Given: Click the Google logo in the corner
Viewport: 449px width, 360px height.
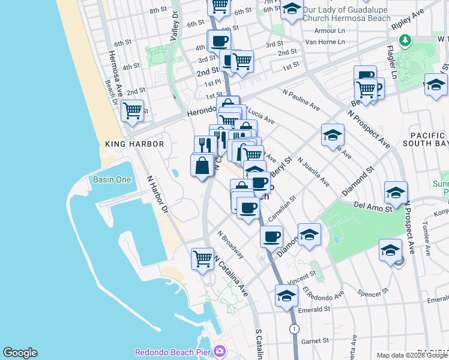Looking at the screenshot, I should [x=20, y=353].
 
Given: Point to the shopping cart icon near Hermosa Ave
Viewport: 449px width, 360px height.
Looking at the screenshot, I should [x=131, y=112].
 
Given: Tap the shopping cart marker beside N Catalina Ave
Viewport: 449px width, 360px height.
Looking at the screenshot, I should [x=203, y=259].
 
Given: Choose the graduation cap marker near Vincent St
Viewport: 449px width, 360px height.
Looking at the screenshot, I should [x=287, y=296].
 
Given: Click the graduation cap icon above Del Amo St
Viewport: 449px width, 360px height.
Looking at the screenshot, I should [x=396, y=193].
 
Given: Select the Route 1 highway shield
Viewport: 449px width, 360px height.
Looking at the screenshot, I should [x=294, y=329].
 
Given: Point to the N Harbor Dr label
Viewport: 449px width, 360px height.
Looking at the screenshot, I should [x=157, y=195].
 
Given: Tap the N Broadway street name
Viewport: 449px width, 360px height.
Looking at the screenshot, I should [x=231, y=245].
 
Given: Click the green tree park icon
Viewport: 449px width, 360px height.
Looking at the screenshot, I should [x=406, y=40].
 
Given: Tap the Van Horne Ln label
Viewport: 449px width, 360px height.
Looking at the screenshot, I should [x=325, y=42].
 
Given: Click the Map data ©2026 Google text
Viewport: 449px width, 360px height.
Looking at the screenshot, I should [x=411, y=355].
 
